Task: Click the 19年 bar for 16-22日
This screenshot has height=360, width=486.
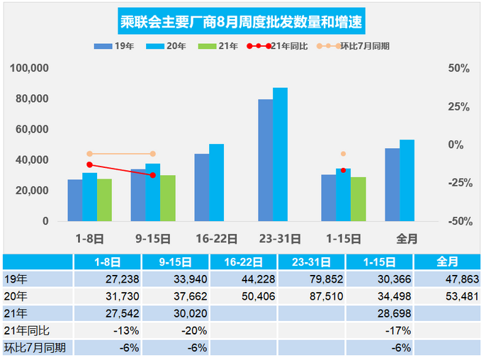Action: (202, 187)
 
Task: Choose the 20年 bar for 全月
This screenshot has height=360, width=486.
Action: (407, 180)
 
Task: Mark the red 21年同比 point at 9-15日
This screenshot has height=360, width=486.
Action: (152, 175)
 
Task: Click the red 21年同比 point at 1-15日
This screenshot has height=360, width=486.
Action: (343, 170)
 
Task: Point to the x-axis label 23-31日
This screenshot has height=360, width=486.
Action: (273, 239)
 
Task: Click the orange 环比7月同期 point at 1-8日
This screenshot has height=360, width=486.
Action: (89, 154)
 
